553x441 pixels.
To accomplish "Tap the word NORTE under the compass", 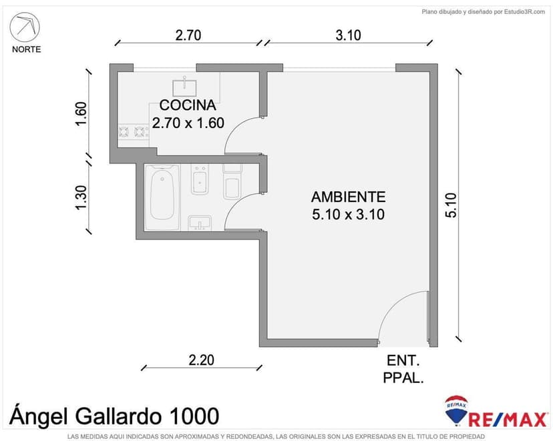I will (26, 49).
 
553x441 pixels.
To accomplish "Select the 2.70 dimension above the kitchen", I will (188, 35).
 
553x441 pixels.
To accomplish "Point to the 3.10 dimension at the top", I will (348, 35).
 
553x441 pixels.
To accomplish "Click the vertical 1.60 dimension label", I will (81, 115).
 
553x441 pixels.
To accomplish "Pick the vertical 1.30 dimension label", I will (81, 198).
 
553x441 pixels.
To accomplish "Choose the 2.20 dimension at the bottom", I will (201, 360).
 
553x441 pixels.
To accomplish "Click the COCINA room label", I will (187, 105).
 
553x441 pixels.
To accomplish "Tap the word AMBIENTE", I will (348, 197).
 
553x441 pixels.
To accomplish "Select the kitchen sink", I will (184, 86).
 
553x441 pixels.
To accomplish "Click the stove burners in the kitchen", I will (133, 132).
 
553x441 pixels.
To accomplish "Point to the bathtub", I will (164, 195).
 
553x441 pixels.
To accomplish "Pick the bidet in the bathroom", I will (200, 179).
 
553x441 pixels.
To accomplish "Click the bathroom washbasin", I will (199, 222).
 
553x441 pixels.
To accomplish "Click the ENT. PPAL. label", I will (403, 369).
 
